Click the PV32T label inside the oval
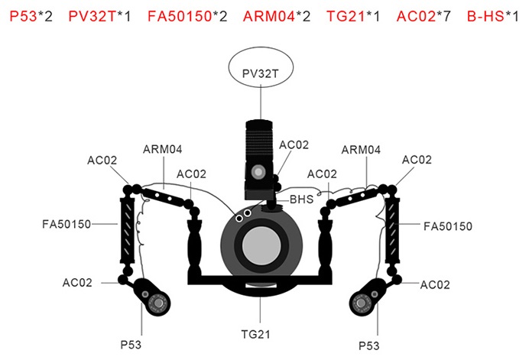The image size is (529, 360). point(258,75)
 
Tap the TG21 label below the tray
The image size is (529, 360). point(259,333)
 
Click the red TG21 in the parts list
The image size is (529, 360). point(343,15)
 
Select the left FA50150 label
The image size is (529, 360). point(67,225)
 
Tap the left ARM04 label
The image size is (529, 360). point(162,150)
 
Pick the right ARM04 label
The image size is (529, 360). point(361,151)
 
